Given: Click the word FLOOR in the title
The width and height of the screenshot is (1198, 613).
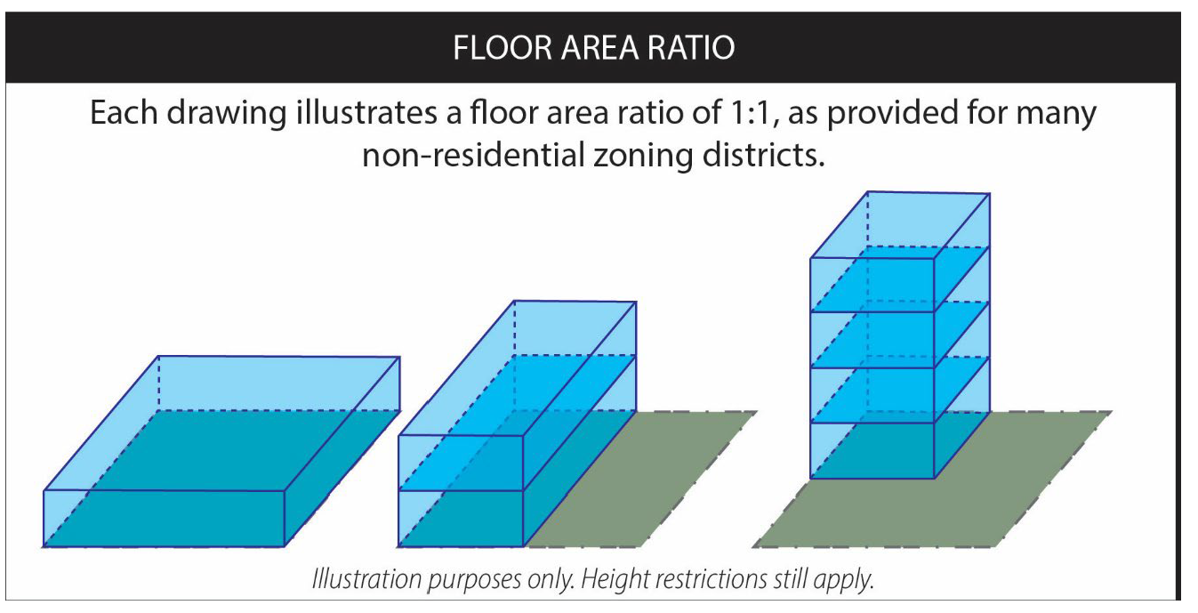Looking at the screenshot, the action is pos(503,48).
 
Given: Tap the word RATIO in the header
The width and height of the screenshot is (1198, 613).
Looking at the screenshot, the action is pos(691,48).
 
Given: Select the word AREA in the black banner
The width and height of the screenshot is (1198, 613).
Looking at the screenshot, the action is pos(599,48).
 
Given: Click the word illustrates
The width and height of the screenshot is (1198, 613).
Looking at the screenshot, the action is pos(366,112).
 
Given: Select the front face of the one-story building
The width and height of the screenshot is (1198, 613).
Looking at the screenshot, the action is pos(164,519).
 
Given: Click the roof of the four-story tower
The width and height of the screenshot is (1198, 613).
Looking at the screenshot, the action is pos(900,225).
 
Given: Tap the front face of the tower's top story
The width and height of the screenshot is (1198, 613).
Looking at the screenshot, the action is pos(872,285).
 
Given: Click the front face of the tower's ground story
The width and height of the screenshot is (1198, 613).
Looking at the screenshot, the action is pos(872,450).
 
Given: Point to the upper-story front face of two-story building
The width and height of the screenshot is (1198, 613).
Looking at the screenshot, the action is pos(461,464).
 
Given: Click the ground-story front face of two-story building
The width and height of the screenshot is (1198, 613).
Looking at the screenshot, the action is pos(461,519).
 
